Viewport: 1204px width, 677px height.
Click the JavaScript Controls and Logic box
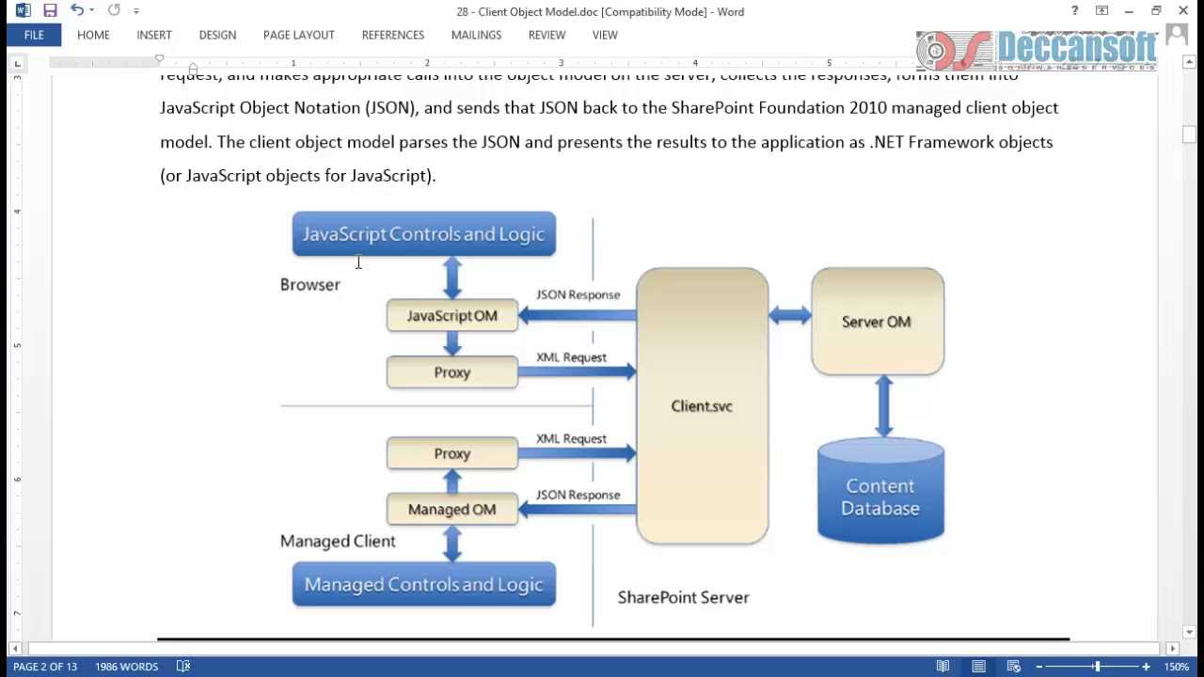[x=423, y=234]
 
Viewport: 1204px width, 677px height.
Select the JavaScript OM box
[x=451, y=316]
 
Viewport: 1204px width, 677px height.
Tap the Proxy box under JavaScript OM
[x=451, y=372]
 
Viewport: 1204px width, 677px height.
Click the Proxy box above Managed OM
[x=451, y=453]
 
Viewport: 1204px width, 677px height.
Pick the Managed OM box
[x=451, y=510]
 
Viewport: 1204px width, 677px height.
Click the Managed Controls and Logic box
[x=423, y=585]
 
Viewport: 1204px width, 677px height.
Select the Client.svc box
[x=702, y=406]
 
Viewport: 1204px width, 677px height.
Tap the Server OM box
[x=877, y=322]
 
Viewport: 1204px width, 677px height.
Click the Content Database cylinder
[x=880, y=496]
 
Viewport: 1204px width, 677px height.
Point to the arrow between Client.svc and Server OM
[x=790, y=316]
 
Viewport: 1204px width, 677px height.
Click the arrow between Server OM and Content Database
[x=883, y=406]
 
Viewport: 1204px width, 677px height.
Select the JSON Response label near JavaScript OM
[x=578, y=295]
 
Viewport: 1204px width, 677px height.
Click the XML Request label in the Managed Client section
[x=571, y=439]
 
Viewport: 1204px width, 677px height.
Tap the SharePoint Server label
[x=683, y=597]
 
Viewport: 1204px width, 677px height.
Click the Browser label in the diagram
[x=309, y=285]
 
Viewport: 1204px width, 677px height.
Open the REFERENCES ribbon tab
[x=392, y=35]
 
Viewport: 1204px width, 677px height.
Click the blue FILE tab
[x=34, y=35]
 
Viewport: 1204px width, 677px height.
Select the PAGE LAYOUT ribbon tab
[x=298, y=35]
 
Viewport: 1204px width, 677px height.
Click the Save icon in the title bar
[x=50, y=11]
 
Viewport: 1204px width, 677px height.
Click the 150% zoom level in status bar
[x=1176, y=667]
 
